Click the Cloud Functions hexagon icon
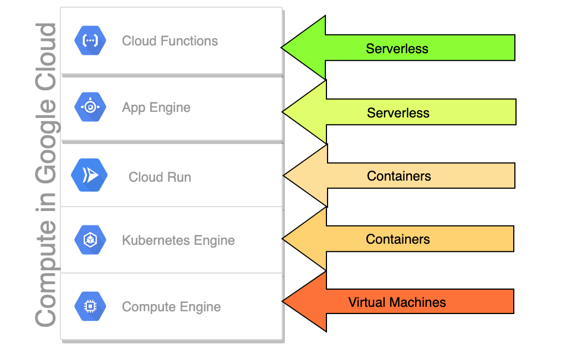pos(90,40)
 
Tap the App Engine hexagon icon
pos(90,107)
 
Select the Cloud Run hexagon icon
pos(89,175)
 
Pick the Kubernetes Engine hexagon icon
pos(90,240)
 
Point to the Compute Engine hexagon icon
pos(90,306)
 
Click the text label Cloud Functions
pos(170,41)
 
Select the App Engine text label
pos(156,107)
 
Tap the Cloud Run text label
pos(160,177)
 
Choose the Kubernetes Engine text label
pos(178,240)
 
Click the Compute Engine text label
pos(171,307)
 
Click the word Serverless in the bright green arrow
pos(397,48)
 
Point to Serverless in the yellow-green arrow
pos(398,113)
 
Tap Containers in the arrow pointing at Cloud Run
pos(399,176)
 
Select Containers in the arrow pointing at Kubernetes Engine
pos(398,239)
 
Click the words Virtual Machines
pos(397,302)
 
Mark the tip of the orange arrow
pos(283,302)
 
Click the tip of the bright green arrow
pos(282,47)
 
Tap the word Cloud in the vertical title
pos(45,56)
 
